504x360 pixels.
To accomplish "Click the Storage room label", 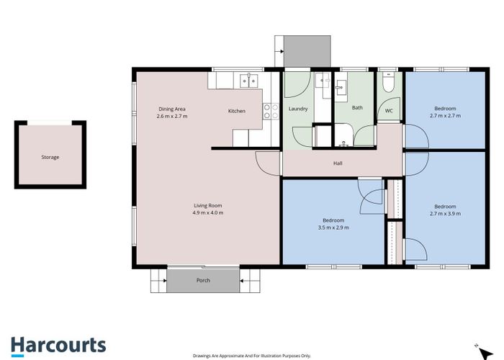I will [50, 157].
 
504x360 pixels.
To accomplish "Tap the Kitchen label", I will [237, 111].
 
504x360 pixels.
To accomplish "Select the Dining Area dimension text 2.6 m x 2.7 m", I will [172, 116].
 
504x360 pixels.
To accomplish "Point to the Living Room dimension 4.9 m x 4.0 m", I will [207, 212].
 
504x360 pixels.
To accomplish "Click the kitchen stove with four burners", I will [271, 111].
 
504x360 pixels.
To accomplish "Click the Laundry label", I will [298, 109].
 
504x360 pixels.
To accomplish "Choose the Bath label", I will [357, 108].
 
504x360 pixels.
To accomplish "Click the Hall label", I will [338, 163].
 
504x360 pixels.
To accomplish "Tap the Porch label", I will [203, 280].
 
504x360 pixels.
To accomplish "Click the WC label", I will [389, 111].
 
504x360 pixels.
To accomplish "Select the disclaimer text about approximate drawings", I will [251, 356].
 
